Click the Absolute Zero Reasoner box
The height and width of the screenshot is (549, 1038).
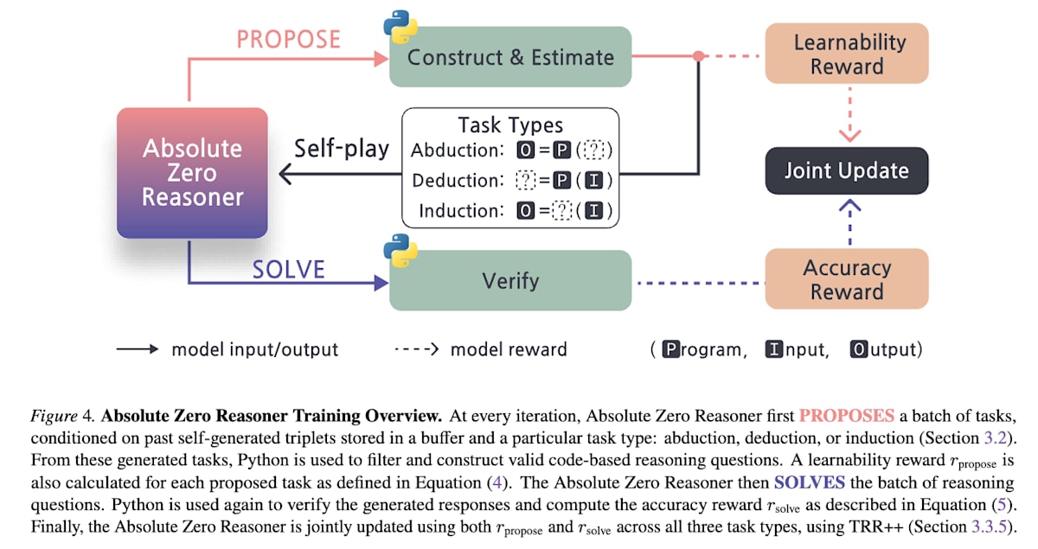[192, 173]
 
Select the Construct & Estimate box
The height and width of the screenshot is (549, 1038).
[510, 57]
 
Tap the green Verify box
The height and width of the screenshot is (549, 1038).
[510, 280]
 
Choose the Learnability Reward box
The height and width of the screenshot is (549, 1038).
[846, 54]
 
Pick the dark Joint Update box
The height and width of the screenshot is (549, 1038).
[846, 170]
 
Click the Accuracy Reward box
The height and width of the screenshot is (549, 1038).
[846, 279]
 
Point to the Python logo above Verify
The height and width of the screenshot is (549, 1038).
[400, 250]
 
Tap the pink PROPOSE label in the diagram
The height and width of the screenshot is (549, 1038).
[288, 40]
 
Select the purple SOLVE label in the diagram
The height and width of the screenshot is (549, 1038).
[288, 269]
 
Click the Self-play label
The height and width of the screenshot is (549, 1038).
[342, 148]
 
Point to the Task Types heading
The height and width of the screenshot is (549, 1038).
[510, 125]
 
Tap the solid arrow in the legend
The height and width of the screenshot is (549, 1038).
[137, 349]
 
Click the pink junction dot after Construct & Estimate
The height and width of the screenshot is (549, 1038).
[698, 57]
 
